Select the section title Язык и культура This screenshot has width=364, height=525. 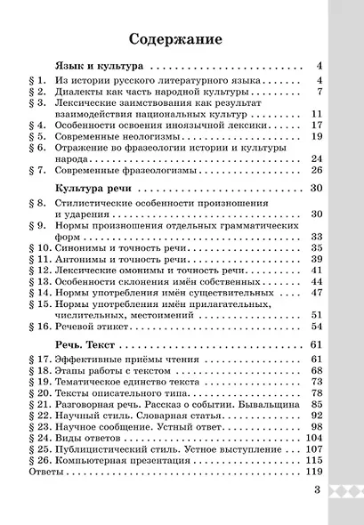pyautogui.click(x=100, y=67)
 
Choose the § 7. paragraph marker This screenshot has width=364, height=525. pyautogui.click(x=37, y=170)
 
